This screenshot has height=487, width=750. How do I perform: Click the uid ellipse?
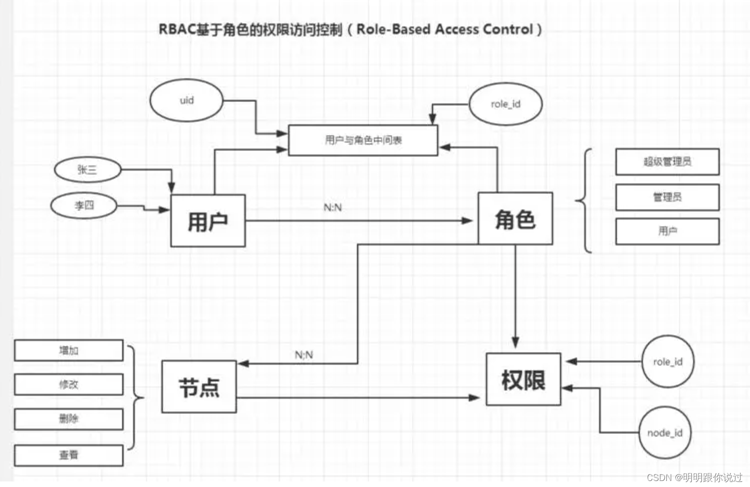click(186, 100)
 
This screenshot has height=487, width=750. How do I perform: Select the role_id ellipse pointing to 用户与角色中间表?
click(505, 104)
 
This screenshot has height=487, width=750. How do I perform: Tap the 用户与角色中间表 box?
click(363, 140)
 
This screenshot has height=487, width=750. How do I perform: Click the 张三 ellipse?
click(87, 169)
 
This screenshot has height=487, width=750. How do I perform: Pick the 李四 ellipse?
click(84, 205)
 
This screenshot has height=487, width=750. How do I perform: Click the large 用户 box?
click(208, 221)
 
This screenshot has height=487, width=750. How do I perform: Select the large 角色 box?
click(515, 219)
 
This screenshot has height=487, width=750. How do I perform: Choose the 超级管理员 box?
click(667, 162)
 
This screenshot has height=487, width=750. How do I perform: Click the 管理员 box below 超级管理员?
click(667, 197)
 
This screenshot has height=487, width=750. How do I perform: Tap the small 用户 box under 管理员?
click(667, 231)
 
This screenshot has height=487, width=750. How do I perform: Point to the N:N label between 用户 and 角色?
click(333, 207)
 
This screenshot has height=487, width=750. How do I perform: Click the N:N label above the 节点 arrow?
click(304, 355)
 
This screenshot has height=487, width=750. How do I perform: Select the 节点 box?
click(199, 387)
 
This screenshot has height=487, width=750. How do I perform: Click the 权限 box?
click(523, 379)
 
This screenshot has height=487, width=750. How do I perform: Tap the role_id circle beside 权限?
click(667, 361)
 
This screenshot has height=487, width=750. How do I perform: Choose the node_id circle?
click(664, 432)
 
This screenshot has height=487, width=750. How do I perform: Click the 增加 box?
click(69, 350)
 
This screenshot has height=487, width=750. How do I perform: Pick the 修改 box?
click(69, 384)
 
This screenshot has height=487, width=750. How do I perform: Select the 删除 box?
click(69, 419)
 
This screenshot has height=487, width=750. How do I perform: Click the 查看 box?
click(69, 455)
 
